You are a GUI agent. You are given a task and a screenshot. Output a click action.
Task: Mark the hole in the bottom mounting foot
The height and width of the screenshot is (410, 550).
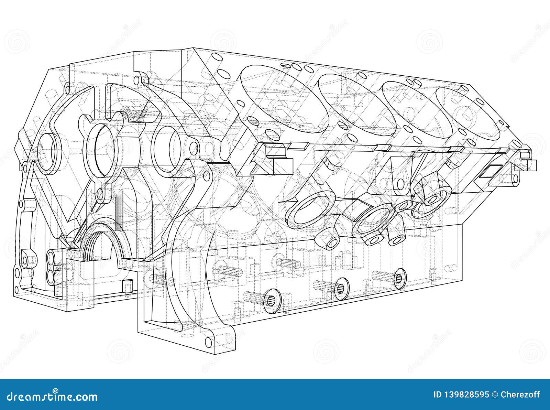click(208, 341)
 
